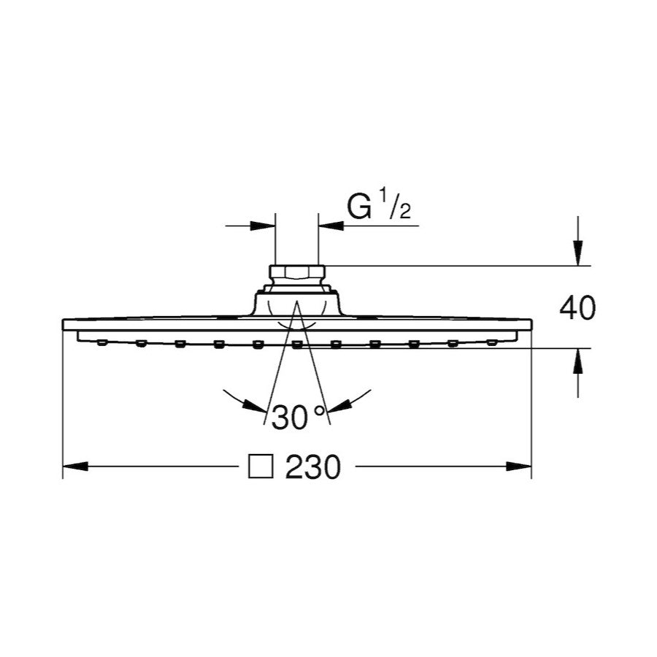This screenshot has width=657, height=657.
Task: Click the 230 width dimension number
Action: [313, 467]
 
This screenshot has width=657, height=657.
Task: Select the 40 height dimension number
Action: [577, 308]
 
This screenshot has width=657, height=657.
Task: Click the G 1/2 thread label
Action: [379, 209]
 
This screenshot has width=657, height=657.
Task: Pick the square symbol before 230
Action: [261, 467]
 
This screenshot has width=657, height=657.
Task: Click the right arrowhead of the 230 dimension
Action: [519, 466]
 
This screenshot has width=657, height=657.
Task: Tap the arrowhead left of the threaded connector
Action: [264, 226]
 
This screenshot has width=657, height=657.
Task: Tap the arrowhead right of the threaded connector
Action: [331, 226]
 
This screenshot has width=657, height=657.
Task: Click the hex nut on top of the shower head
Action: [296, 274]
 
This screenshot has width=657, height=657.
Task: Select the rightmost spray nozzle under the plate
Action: [492, 341]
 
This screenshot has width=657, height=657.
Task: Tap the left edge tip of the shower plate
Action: [64, 323]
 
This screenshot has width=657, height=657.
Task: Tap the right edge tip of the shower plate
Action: [531, 323]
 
